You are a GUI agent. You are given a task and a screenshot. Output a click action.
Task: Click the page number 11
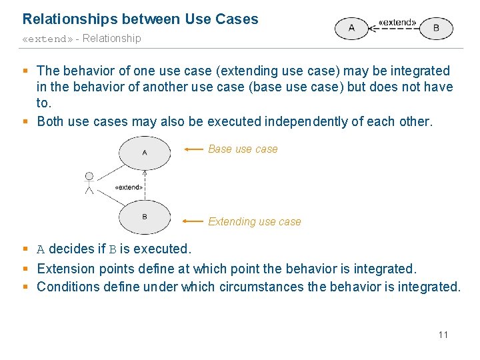(x=443, y=334)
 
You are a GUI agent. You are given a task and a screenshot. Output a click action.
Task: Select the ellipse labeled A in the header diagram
(x=351, y=28)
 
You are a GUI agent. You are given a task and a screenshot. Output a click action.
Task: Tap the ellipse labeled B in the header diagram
(x=436, y=28)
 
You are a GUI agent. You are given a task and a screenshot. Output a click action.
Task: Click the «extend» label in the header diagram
(x=397, y=22)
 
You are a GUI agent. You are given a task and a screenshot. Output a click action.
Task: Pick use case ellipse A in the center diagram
(x=145, y=153)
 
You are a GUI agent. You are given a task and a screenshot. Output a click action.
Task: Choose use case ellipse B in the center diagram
(x=145, y=217)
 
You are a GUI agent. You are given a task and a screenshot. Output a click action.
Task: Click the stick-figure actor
(x=89, y=183)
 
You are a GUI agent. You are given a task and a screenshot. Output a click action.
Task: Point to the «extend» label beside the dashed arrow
(x=129, y=187)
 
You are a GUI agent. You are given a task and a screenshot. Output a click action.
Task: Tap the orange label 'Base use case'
(x=243, y=149)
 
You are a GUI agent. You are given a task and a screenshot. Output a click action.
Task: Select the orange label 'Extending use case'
(x=255, y=221)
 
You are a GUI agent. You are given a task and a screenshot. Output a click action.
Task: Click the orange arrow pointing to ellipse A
(x=194, y=149)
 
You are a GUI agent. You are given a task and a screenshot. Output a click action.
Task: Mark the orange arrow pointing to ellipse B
(x=194, y=221)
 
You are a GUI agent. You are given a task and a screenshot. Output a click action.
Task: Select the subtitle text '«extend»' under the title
(x=47, y=39)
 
